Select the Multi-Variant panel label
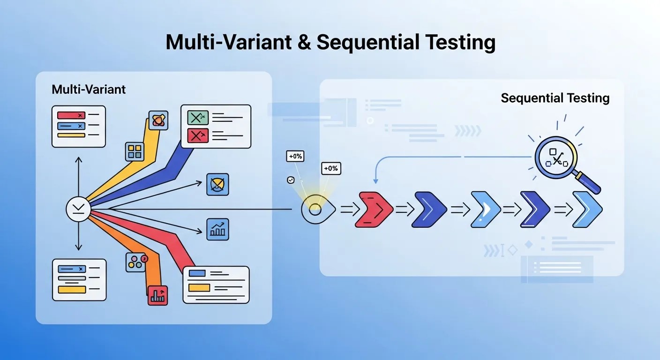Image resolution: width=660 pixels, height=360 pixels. pyautogui.click(x=89, y=89)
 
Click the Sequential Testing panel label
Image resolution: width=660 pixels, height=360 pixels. pyautogui.click(x=555, y=98)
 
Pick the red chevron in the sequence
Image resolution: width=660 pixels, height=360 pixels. pyautogui.click(x=374, y=210)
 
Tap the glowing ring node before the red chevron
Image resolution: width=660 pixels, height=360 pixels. pyautogui.click(x=315, y=209)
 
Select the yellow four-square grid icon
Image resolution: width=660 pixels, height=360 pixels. pyautogui.click(x=135, y=152)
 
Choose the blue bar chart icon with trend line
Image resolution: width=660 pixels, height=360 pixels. pyautogui.click(x=217, y=229)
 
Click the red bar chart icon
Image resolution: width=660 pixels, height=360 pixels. pyautogui.click(x=157, y=295)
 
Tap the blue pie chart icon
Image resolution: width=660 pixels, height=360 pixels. pyautogui.click(x=217, y=184)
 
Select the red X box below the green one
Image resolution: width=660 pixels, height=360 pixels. pyautogui.click(x=198, y=135)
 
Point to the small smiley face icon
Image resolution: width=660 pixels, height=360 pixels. pyautogui.click(x=291, y=180)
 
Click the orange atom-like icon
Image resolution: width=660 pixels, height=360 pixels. pyautogui.click(x=158, y=120)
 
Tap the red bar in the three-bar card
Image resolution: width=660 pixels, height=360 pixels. pyautogui.click(x=70, y=115)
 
